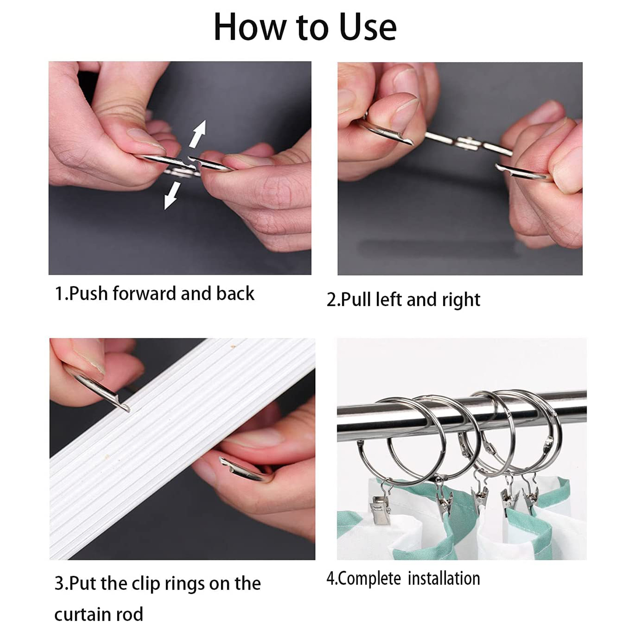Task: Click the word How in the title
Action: (250, 27)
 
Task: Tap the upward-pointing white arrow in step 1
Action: (198, 134)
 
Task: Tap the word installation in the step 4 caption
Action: (444, 578)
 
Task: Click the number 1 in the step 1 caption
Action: (59, 294)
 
